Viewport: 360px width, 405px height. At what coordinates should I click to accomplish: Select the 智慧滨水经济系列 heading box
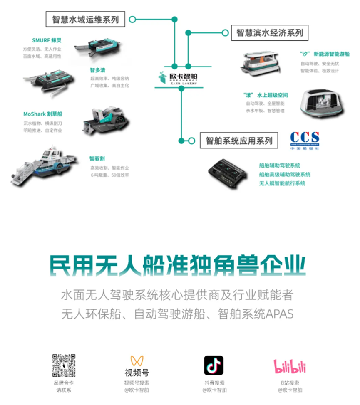coord(269,32)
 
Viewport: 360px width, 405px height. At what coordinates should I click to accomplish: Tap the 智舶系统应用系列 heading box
coord(238,141)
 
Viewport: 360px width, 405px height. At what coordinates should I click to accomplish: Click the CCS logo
coord(305,139)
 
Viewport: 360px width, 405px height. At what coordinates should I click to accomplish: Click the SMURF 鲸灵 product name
coord(46,41)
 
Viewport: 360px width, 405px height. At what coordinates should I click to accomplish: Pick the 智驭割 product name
coord(97,158)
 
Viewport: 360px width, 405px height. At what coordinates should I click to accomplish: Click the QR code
coord(64,365)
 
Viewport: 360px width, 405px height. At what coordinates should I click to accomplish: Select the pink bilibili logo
coord(290,366)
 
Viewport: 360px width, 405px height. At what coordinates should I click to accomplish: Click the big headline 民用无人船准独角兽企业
coord(178,266)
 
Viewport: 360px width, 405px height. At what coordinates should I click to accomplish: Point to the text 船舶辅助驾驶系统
coord(280,165)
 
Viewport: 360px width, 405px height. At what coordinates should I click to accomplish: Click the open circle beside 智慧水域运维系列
coord(132,19)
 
